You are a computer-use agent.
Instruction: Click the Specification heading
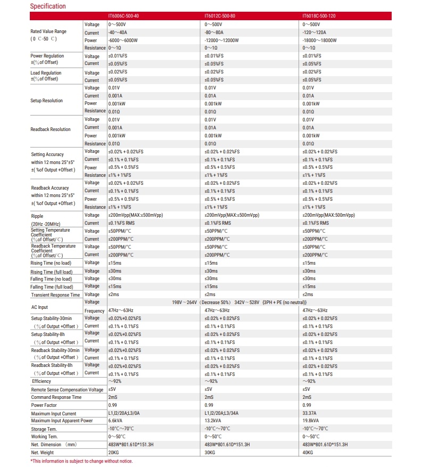tap(48, 6)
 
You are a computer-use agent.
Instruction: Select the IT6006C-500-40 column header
tap(123, 16)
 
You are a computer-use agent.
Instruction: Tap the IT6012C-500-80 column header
tap(220, 16)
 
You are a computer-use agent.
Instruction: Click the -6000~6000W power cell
tap(123, 40)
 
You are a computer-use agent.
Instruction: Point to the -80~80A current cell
tap(215, 32)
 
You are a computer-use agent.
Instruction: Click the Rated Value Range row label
tap(48, 31)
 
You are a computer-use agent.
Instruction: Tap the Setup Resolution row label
tap(47, 100)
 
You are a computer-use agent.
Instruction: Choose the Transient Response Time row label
tap(55, 294)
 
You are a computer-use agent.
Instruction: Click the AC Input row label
tap(39, 307)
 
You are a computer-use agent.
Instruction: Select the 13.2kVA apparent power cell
tap(214, 421)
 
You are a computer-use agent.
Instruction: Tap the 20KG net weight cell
tap(113, 453)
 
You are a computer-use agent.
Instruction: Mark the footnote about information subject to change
tap(81, 461)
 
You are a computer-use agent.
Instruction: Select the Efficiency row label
tap(42, 381)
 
